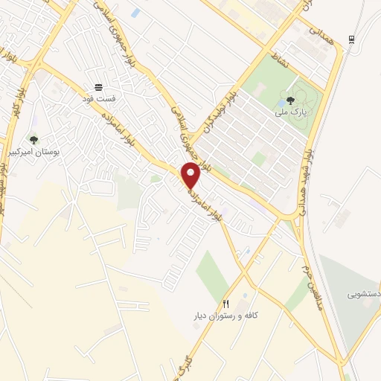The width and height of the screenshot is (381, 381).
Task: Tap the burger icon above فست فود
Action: coord(98,87)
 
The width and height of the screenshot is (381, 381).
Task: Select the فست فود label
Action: coord(98,97)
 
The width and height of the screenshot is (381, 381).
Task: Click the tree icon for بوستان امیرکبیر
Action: coord(33,140)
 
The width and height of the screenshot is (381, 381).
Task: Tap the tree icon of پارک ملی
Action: coord(290,99)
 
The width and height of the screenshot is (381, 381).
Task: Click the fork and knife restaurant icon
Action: coord(227,304)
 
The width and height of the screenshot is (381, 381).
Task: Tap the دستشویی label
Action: coord(364,294)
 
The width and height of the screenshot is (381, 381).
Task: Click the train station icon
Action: coord(350,39)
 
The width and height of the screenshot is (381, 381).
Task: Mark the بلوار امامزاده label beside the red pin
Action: coord(209,199)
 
